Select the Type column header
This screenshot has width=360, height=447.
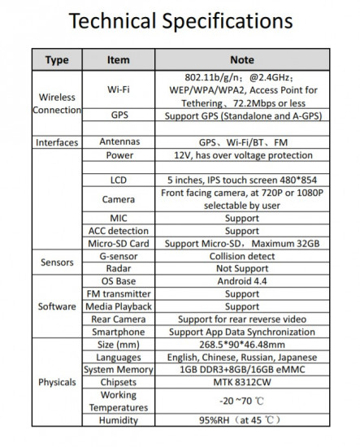pos(56,60)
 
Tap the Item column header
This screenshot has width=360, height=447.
pos(119,60)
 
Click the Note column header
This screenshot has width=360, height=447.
pos(242,60)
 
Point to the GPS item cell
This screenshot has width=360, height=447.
pos(119,116)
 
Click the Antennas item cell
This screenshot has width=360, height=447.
pos(119,141)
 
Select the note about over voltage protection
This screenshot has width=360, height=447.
pos(242,154)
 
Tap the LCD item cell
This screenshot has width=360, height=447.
pos(119,180)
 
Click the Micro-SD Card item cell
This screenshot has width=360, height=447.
pos(119,243)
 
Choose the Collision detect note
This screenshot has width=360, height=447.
pos(242,255)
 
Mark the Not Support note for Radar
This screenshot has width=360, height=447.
pos(242,268)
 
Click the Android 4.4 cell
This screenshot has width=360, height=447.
pos(242,281)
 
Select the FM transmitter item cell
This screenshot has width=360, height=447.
pos(119,294)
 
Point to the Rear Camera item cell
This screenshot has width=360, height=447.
pos(119,319)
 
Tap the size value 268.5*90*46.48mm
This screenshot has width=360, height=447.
pos(242,345)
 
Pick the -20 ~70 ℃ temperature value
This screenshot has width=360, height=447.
pos(242,401)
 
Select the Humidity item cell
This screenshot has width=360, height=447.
pos(119,421)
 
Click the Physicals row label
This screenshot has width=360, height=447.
pos(56,382)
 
